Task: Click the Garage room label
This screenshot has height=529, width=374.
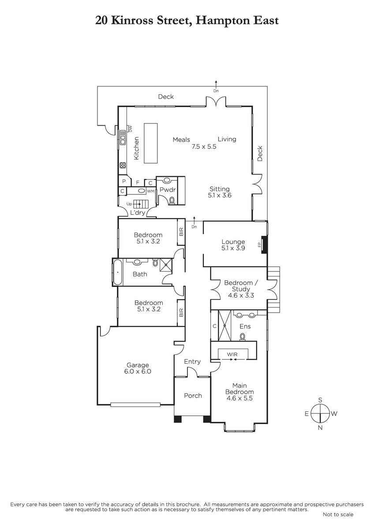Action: (x=138, y=365)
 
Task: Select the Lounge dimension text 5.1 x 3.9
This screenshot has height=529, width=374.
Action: (x=233, y=248)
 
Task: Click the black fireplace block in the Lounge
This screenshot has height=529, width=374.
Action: (x=264, y=245)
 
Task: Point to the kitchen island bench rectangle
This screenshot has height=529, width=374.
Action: (x=151, y=143)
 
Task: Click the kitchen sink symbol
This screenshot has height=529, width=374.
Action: (x=123, y=137)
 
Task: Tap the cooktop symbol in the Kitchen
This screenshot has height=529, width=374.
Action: (x=123, y=165)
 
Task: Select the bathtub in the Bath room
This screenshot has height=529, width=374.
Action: (x=118, y=272)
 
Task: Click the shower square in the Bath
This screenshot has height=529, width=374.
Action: (x=166, y=264)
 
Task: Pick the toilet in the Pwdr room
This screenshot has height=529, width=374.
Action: (x=172, y=201)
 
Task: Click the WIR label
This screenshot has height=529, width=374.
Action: (x=232, y=354)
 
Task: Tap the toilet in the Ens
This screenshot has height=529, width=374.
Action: (x=243, y=337)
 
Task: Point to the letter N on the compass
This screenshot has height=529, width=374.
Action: (x=320, y=428)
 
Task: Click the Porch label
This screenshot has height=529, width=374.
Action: (x=193, y=395)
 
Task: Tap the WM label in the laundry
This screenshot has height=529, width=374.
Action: (x=151, y=191)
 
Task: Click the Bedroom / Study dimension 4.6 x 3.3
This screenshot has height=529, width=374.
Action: (x=241, y=295)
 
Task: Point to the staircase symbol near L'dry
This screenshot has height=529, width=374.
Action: (x=141, y=204)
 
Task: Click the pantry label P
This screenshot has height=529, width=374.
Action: (x=124, y=182)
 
